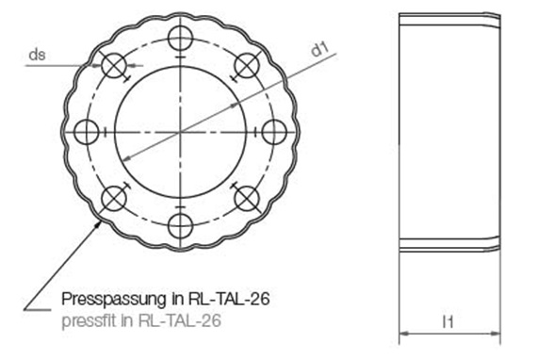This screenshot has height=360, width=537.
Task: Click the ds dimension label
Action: (x=37, y=55)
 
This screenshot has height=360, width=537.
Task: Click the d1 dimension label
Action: (x=319, y=50)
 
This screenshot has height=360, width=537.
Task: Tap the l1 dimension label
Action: (x=447, y=321)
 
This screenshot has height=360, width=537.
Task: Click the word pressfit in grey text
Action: (x=89, y=321)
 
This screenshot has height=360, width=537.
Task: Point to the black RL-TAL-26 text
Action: (x=229, y=299)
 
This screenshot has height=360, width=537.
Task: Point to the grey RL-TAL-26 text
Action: (x=179, y=320)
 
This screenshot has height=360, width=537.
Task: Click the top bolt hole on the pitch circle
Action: (x=181, y=38)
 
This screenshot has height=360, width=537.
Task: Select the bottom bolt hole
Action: (x=181, y=226)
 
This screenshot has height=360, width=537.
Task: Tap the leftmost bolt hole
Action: (x=87, y=132)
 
